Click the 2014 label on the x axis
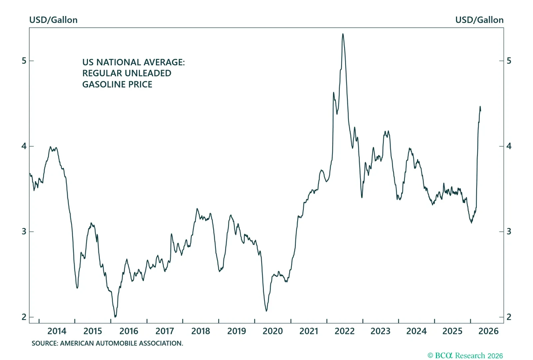(x=57, y=331)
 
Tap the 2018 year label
(x=201, y=331)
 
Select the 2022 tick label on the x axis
(x=344, y=331)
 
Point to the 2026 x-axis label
(x=488, y=331)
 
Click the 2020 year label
(x=272, y=331)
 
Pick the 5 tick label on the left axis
(x=24, y=61)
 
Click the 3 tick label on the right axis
(x=509, y=231)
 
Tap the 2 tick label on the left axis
(x=24, y=317)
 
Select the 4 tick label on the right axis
(x=509, y=146)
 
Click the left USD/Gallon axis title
(x=53, y=20)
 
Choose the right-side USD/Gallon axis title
(x=479, y=20)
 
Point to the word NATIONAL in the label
(x=119, y=62)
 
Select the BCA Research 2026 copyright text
(x=465, y=356)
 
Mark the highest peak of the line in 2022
(x=343, y=34)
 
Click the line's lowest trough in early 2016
(x=115, y=317)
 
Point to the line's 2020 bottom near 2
(x=266, y=311)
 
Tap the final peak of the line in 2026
(x=480, y=107)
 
